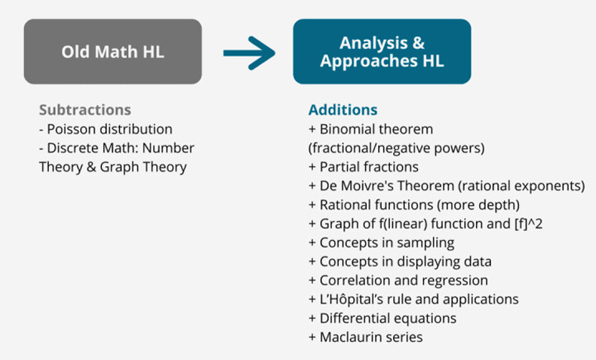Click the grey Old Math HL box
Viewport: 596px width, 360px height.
point(112,51)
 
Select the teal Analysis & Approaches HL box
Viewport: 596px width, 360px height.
point(382,51)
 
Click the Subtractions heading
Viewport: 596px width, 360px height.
point(84,109)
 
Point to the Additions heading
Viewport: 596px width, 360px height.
point(343,109)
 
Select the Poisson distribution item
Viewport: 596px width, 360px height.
point(106,128)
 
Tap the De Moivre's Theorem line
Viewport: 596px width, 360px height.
point(447,185)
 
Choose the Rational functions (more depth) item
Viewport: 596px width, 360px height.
point(404,204)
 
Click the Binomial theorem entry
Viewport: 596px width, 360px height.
point(370,128)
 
